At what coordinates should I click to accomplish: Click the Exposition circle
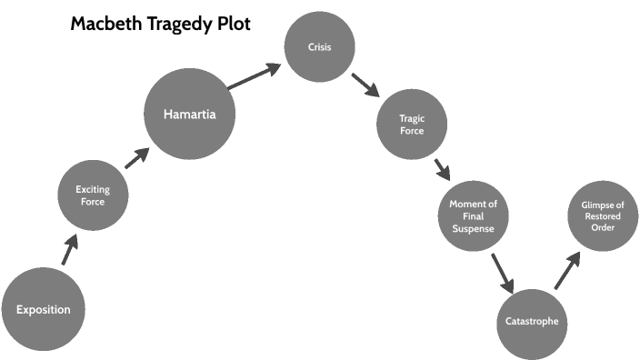tap(43, 309)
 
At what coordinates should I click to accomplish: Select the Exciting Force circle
tap(93, 195)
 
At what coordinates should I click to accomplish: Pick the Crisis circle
tap(319, 45)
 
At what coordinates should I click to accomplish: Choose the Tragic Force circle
tap(412, 124)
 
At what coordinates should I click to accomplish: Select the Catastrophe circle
tap(532, 322)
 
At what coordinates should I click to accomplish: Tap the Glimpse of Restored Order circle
tap(602, 216)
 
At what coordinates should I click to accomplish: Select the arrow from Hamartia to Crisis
tap(255, 77)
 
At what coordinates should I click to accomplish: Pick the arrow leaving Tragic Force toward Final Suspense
tap(443, 168)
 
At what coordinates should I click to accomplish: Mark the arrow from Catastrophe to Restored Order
tap(566, 271)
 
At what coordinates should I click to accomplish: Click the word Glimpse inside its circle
tap(602, 205)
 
